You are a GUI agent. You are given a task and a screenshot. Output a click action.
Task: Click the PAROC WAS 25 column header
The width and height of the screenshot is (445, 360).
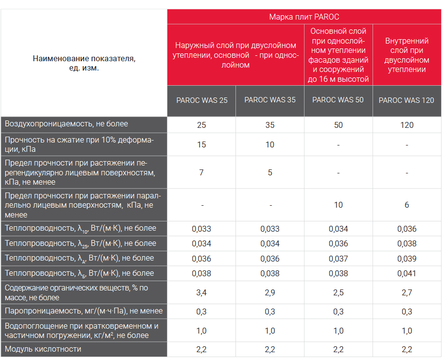pyautogui.click(x=201, y=100)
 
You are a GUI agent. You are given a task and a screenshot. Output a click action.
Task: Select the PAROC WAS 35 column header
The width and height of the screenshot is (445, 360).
pyautogui.click(x=270, y=100)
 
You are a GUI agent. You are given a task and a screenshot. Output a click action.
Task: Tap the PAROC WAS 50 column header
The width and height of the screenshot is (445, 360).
pyautogui.click(x=338, y=100)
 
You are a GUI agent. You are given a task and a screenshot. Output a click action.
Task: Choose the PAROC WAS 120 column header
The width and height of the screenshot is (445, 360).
pyautogui.click(x=406, y=100)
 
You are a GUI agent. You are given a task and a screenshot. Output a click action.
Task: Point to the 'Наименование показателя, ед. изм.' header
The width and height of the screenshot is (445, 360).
pyautogui.click(x=84, y=63)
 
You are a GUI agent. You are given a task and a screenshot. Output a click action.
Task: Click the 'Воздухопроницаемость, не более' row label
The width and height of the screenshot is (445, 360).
pyautogui.click(x=66, y=124)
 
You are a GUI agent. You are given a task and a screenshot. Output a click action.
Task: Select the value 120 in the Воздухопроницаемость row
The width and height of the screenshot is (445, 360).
pyautogui.click(x=407, y=125)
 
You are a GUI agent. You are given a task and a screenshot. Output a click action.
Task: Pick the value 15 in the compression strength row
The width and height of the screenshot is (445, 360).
pyautogui.click(x=201, y=145)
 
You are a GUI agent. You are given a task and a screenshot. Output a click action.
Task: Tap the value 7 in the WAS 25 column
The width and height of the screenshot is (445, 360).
pyautogui.click(x=201, y=172)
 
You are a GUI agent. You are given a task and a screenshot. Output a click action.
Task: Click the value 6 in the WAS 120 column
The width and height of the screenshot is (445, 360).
pyautogui.click(x=407, y=205)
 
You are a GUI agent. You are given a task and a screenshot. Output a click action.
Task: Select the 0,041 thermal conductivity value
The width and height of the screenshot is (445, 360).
pyautogui.click(x=407, y=273)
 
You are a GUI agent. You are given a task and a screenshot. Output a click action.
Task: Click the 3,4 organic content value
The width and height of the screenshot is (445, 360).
pyautogui.click(x=201, y=293)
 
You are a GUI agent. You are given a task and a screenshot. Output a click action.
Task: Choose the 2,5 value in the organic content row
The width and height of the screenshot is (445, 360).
pyautogui.click(x=338, y=293)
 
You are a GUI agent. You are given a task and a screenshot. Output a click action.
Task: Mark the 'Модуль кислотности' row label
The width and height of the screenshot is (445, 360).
pyautogui.click(x=43, y=349)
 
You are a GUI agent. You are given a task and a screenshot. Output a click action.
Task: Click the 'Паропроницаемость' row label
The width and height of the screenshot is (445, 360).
pyautogui.click(x=83, y=311)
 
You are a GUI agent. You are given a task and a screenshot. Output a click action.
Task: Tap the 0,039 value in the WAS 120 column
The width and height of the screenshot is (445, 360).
pyautogui.click(x=407, y=259)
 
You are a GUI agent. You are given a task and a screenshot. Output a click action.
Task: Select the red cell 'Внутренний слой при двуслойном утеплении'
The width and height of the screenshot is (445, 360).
pyautogui.click(x=407, y=55)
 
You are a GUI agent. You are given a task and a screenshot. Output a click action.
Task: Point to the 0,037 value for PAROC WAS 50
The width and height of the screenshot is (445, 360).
pyautogui.click(x=338, y=259)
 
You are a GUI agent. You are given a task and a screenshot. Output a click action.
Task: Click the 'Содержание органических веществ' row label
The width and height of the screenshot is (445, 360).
pyautogui.click(x=76, y=292)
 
